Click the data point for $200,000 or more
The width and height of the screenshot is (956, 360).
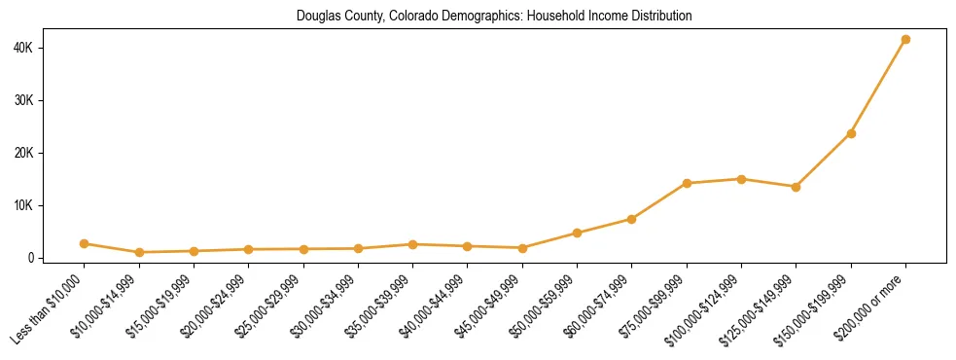(905, 40)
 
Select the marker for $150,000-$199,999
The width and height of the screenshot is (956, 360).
(851, 133)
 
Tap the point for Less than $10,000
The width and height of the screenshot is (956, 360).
(85, 243)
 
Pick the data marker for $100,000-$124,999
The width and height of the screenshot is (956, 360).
(741, 179)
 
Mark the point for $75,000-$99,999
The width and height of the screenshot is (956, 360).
(687, 183)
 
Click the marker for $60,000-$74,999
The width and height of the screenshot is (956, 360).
(632, 219)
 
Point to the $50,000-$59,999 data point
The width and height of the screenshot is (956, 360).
(577, 233)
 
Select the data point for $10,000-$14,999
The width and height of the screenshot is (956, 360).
(139, 252)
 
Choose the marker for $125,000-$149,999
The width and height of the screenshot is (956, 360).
(796, 187)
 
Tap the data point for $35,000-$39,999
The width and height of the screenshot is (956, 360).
(412, 244)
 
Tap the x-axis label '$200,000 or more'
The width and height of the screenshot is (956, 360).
(871, 306)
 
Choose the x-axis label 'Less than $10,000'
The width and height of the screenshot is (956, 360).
(50, 309)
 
